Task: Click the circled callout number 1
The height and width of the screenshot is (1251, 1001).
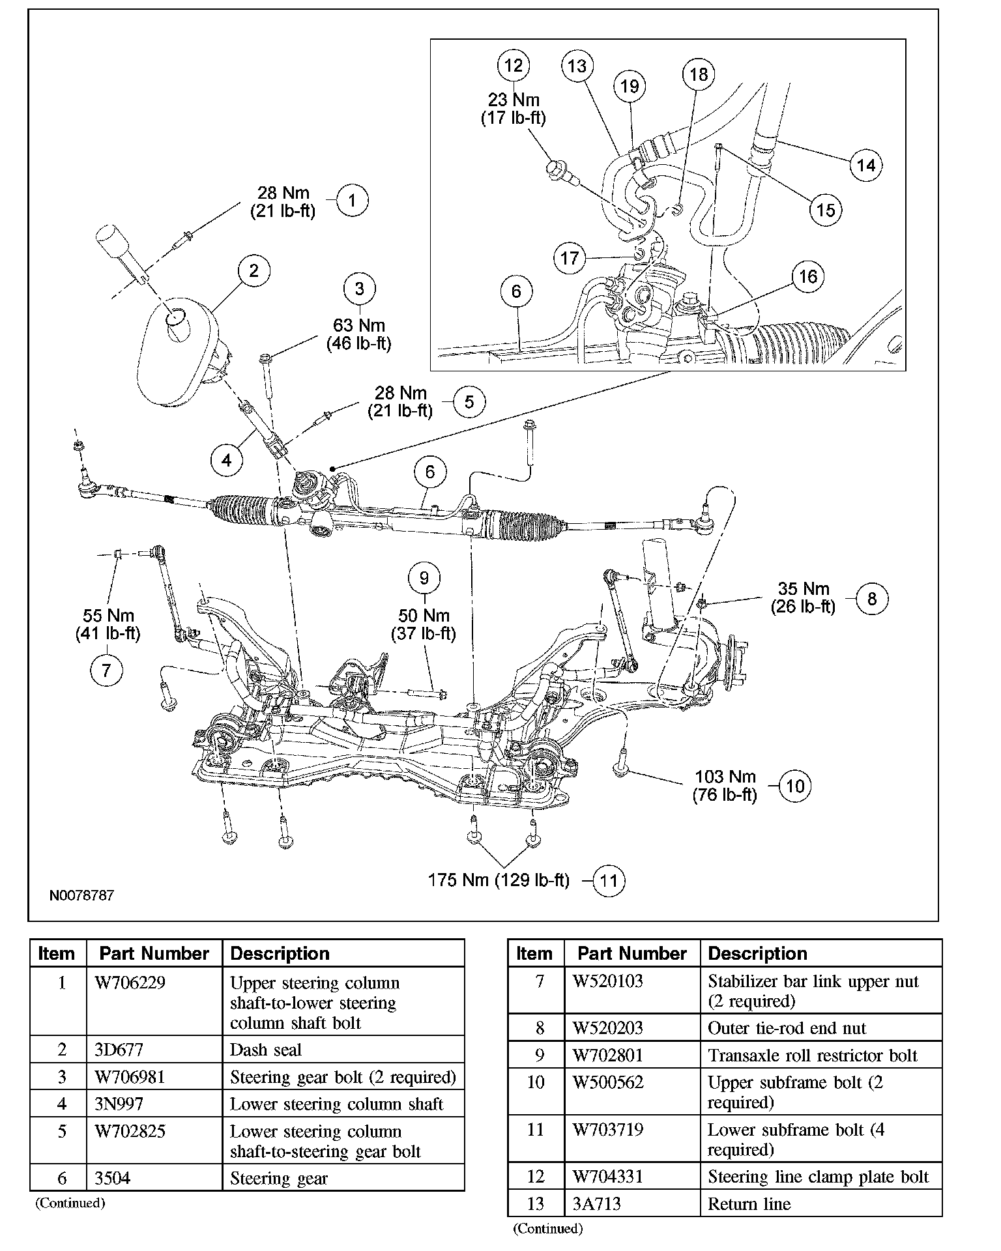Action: [352, 200]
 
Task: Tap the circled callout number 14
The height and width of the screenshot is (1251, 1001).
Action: [865, 165]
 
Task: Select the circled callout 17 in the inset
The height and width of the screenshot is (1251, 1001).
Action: [570, 258]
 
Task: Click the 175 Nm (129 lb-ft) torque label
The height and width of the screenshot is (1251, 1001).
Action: [499, 880]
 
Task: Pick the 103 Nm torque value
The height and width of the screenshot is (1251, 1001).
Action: [725, 777]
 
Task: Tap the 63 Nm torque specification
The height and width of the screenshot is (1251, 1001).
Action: [359, 325]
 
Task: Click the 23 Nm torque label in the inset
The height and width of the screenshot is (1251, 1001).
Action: [514, 100]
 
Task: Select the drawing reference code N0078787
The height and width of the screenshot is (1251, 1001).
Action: [81, 895]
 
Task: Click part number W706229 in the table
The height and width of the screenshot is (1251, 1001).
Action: [130, 983]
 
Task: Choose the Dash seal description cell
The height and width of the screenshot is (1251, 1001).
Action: [266, 1050]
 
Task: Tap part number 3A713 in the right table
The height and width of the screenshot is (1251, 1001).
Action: [597, 1204]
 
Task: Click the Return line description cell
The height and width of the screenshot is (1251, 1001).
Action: [749, 1204]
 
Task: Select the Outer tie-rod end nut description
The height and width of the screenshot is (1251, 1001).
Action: [787, 1028]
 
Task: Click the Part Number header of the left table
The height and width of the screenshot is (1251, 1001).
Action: [154, 953]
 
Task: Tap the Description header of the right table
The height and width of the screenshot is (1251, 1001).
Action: [757, 953]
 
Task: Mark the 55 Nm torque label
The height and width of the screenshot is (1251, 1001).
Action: [108, 616]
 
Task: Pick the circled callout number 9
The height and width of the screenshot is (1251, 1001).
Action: [424, 578]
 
